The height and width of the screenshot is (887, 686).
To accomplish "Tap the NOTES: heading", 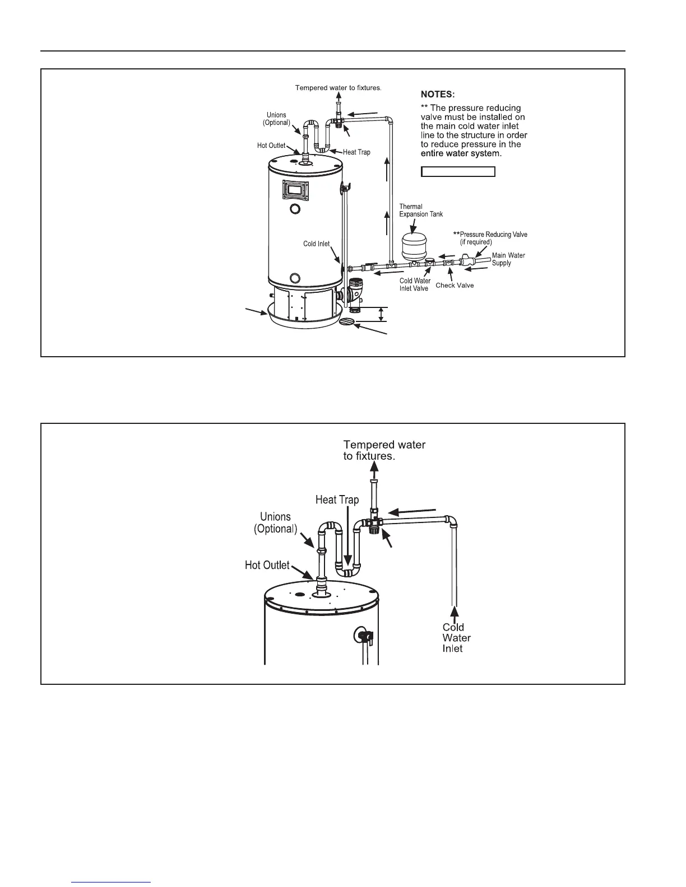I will tap(437, 95).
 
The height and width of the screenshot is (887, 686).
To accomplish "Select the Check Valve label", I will tap(455, 286).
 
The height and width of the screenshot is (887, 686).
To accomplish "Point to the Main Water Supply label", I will tap(508, 259).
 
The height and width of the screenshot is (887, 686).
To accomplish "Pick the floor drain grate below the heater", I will tap(349, 321).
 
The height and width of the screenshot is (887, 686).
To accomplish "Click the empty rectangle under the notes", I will tap(458, 171).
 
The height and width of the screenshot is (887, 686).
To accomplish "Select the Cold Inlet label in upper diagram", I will tap(316, 244).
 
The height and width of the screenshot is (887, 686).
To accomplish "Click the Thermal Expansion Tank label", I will tap(420, 211).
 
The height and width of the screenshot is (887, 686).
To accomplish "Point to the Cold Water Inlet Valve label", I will tap(415, 284).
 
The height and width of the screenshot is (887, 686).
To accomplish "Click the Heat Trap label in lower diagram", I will tap(337, 499).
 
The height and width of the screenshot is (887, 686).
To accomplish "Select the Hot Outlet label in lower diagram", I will tap(267, 565).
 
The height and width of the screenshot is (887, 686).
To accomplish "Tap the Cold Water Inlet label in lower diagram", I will tap(456, 638).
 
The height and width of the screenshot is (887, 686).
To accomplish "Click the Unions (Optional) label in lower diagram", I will tap(275, 523).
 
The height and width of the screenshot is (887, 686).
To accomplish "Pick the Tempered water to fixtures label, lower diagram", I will tap(384, 450).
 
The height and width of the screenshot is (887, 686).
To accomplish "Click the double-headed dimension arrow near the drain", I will tap(381, 314).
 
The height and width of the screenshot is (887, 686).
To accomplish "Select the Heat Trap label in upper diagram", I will tap(356, 152).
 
